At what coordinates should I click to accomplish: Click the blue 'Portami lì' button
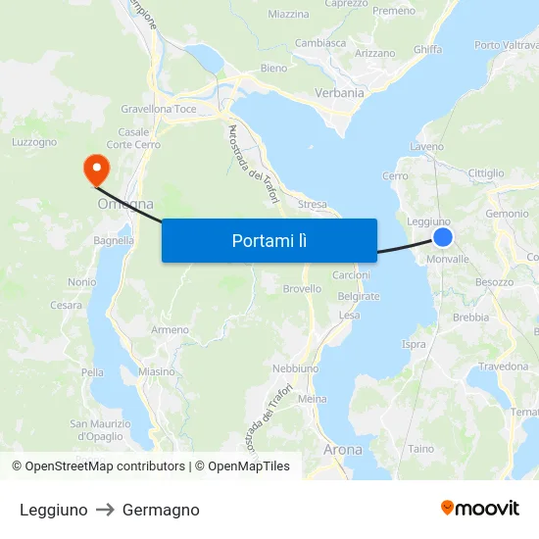269,240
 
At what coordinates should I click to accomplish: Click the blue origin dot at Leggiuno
443,237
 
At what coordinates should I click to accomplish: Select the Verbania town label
339,93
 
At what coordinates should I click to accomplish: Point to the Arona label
342,450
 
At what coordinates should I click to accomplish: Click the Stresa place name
312,205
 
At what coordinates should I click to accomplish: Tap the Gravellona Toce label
158,109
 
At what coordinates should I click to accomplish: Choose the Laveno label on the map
426,147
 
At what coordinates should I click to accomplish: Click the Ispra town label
414,344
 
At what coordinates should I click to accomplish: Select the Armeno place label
170,330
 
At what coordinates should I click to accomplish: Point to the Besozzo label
494,282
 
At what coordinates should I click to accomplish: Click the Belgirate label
358,296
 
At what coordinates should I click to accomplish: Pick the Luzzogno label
34,142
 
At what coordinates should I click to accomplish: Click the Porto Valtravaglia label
506,45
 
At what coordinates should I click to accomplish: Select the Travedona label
503,367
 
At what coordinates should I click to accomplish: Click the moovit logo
479,508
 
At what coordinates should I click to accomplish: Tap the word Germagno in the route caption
161,510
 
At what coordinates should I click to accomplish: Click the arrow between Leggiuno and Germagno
105,510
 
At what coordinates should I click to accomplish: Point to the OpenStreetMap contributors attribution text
98,466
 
